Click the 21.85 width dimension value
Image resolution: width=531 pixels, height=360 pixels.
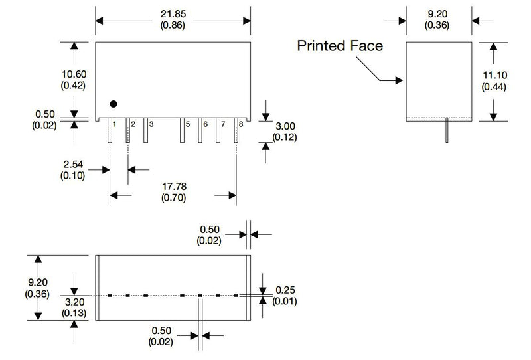173,14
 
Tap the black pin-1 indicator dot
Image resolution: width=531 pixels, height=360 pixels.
114,104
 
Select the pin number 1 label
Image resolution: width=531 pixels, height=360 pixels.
114,124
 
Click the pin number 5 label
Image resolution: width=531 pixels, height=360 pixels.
188,124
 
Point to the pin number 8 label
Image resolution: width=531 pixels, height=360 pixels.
241,124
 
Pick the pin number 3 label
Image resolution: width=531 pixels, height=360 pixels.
151,124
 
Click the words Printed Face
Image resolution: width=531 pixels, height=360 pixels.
340,46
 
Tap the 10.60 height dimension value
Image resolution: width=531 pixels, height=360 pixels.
74,74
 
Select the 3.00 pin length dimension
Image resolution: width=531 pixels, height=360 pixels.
285,126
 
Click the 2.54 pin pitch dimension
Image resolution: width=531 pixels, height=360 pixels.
73,165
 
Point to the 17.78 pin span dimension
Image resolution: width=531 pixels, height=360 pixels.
174,187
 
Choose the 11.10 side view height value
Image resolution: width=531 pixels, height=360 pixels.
494,75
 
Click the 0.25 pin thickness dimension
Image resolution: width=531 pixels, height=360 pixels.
285,290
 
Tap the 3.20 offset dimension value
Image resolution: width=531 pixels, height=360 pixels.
74,302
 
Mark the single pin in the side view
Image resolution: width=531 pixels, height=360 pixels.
447,130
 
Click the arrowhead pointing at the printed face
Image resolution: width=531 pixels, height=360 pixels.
399,80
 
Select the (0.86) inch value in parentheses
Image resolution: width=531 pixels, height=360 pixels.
173,25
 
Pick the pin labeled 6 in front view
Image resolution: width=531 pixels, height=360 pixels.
200,130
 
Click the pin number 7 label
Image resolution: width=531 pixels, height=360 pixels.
223,124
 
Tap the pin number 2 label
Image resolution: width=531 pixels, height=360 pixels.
133,124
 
